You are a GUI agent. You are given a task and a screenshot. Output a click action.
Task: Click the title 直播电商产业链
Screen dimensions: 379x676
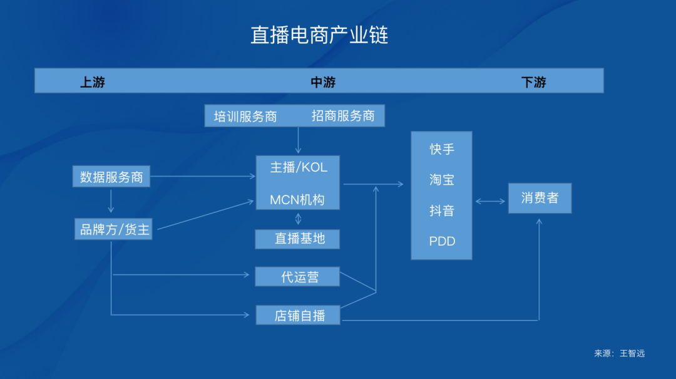tap(319, 35)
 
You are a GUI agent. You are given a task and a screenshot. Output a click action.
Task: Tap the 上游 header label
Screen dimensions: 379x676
tap(93, 82)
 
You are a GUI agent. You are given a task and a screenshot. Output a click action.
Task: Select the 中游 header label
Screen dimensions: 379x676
tap(323, 82)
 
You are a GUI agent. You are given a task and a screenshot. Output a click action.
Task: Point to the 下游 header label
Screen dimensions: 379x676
tap(533, 82)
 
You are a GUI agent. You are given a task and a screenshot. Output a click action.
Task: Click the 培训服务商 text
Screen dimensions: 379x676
tap(245, 116)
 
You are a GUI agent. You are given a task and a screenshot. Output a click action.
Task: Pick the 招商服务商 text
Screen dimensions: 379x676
tap(343, 116)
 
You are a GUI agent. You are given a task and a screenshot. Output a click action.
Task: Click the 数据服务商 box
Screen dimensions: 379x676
tap(111, 177)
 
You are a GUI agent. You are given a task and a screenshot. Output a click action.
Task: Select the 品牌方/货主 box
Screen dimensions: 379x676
tap(113, 229)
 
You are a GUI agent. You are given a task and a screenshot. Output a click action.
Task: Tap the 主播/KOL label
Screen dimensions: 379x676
tap(299, 168)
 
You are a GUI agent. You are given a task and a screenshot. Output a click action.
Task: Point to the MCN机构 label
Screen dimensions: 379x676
tap(297, 200)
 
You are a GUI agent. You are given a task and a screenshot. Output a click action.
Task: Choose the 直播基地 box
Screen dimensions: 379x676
tap(298, 239)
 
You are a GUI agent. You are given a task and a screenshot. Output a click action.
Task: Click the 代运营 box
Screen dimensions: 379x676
tap(298, 276)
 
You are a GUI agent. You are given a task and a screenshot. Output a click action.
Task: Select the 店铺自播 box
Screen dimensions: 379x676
tap(299, 315)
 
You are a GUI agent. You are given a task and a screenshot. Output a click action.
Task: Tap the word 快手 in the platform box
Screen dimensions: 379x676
tap(442, 149)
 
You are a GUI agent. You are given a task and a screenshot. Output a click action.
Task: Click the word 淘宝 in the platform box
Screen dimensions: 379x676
tap(442, 180)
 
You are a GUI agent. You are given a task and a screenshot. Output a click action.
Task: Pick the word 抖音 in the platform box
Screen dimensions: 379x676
tap(442, 210)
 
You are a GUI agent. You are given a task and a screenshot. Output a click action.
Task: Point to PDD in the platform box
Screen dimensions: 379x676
tap(442, 241)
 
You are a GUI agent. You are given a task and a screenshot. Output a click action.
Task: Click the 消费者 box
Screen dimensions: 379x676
tap(540, 198)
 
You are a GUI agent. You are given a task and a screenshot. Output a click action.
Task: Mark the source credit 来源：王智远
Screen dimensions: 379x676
tap(619, 353)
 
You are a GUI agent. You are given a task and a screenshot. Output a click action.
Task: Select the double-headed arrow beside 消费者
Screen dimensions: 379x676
tap(490, 201)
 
